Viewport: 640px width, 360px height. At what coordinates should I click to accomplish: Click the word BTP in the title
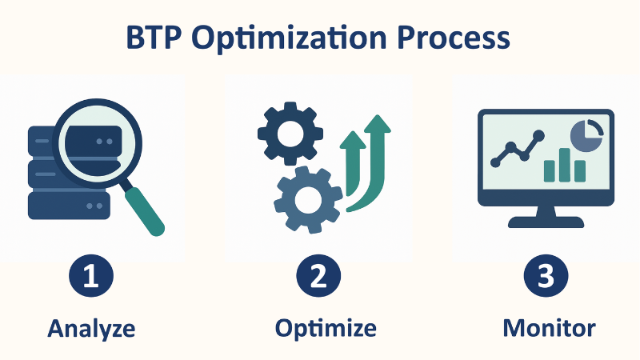pos(154,38)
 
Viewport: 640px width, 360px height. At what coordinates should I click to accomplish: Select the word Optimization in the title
pos(289,38)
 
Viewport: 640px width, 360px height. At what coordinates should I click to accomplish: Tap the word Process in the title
pos(454,38)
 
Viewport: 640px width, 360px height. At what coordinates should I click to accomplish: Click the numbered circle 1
pos(91,276)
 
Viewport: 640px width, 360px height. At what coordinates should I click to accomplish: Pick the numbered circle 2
pos(318,276)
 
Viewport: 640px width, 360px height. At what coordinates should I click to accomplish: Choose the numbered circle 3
pos(546,276)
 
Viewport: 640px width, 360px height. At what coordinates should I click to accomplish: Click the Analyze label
pos(91,329)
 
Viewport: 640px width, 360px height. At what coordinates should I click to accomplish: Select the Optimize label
pos(326,329)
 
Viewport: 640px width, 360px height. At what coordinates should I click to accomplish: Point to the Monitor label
pos(550,328)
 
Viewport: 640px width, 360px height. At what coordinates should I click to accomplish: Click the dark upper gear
pos(290,134)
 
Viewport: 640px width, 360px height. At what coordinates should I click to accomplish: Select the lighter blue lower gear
pos(308,200)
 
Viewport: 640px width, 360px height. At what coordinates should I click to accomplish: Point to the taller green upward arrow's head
pos(378,124)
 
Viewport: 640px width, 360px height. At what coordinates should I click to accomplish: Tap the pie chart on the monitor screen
pos(587,135)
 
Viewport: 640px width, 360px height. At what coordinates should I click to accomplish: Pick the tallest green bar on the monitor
pos(565,165)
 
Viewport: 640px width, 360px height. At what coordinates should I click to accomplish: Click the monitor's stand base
pos(546,222)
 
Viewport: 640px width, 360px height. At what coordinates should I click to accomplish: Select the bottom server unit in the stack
pos(69,206)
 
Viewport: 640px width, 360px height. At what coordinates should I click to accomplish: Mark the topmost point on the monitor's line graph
pos(538,135)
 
